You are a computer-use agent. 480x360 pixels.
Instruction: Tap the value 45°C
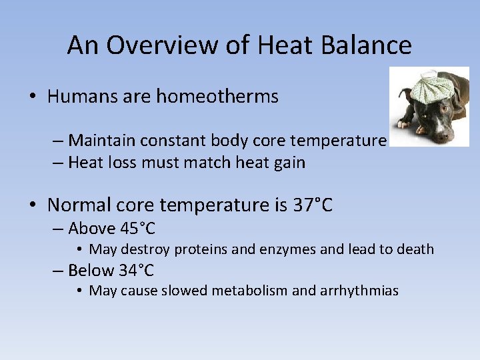138,229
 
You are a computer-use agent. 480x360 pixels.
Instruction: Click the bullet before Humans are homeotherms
33,97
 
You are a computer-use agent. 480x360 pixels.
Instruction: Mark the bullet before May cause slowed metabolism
79,291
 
